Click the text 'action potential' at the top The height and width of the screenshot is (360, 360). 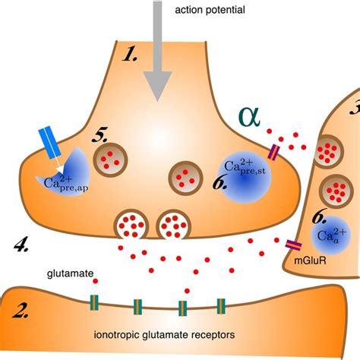coord(210,10)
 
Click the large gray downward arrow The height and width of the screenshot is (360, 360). coord(157,51)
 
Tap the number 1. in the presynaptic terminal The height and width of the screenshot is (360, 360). coord(130,55)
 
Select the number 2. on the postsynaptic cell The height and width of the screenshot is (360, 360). coord(21,311)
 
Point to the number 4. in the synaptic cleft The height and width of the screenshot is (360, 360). coord(21,245)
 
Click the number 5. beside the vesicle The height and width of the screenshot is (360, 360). coord(99,134)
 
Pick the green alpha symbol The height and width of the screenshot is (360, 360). coord(249,117)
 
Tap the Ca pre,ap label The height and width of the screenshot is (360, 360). coord(66,183)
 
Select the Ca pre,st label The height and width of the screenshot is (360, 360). coord(245,166)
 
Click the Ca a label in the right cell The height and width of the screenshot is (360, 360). coord(331,235)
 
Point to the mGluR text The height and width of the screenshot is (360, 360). coord(310,261)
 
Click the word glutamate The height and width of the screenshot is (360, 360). coord(70,274)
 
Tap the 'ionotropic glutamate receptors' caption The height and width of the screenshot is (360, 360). coord(164,335)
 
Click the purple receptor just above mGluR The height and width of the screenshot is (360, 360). coord(294,245)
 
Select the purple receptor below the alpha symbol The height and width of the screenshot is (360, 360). coord(273,152)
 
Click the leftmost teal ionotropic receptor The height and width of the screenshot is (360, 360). coord(94,302)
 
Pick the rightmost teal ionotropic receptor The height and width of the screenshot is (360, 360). coord(221,306)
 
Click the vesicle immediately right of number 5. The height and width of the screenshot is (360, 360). coord(110,159)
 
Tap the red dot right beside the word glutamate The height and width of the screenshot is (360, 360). coord(96,281)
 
